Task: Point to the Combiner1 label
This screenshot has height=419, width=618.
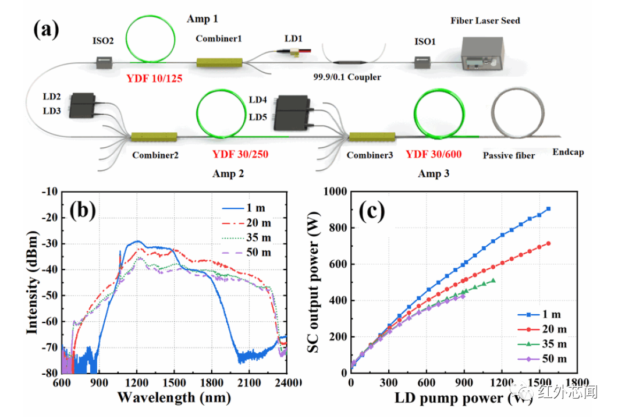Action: click(219, 38)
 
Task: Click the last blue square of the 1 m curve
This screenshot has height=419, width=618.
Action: click(548, 209)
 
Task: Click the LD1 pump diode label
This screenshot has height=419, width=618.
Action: click(293, 38)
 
